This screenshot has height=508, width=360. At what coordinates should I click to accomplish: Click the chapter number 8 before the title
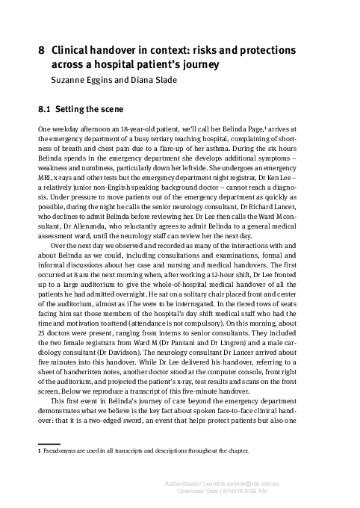[x=41, y=50]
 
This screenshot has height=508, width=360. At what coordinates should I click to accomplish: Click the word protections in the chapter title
[x=267, y=50]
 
